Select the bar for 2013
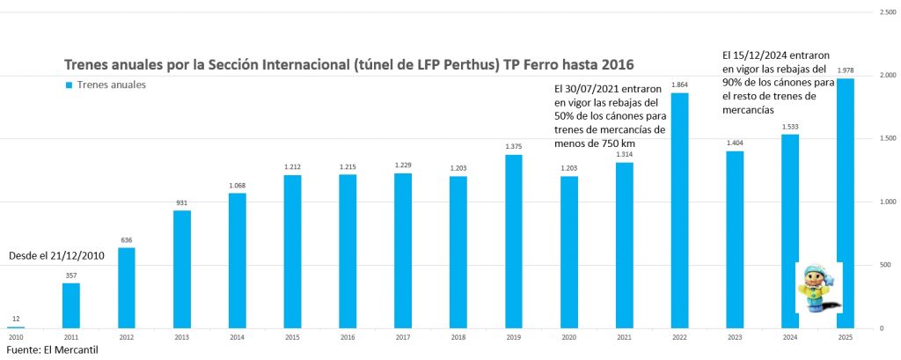pyautogui.click(x=182, y=268)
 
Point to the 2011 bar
pyautogui.click(x=71, y=305)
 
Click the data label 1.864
pyautogui.click(x=678, y=85)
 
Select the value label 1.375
pyautogui.click(x=513, y=147)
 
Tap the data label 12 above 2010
pyautogui.click(x=16, y=318)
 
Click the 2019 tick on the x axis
pyautogui.click(x=513, y=337)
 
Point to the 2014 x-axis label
pyautogui.click(x=237, y=337)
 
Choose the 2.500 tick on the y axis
pyautogui.click(x=887, y=12)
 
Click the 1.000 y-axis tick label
pyautogui.click(x=887, y=202)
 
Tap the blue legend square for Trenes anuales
pyautogui.click(x=68, y=85)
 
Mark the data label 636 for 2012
pyautogui.click(x=127, y=239)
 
